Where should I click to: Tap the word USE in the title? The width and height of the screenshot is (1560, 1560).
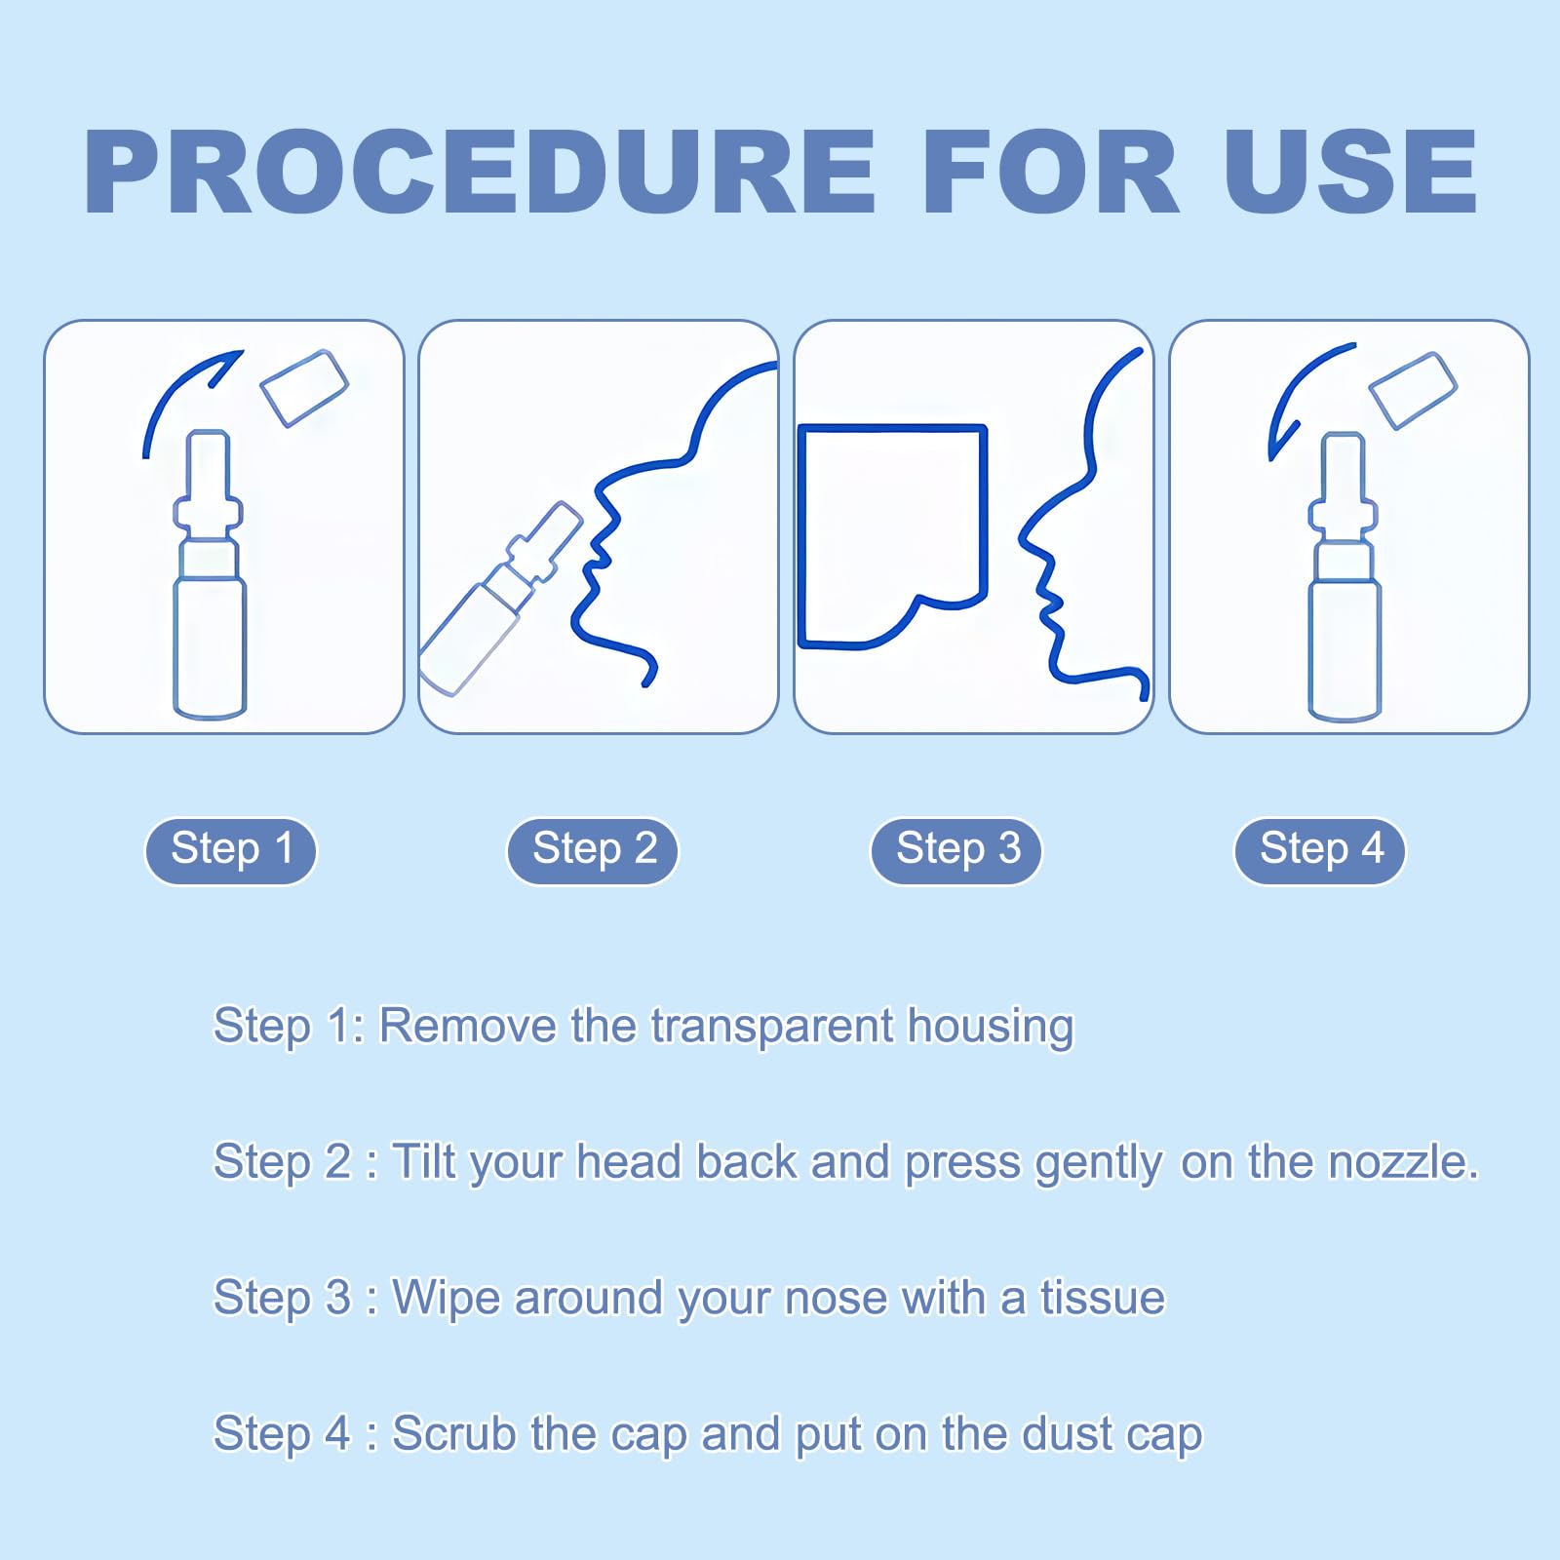(x=1351, y=172)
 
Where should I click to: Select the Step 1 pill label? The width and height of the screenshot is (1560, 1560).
(x=231, y=850)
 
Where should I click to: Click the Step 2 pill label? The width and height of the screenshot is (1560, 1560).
(x=593, y=850)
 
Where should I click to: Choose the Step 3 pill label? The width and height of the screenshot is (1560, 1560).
(x=956, y=850)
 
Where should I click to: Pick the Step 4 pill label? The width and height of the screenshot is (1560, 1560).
(x=1320, y=850)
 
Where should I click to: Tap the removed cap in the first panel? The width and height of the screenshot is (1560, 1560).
(x=304, y=388)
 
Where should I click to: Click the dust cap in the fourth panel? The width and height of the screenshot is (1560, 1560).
(x=1413, y=390)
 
